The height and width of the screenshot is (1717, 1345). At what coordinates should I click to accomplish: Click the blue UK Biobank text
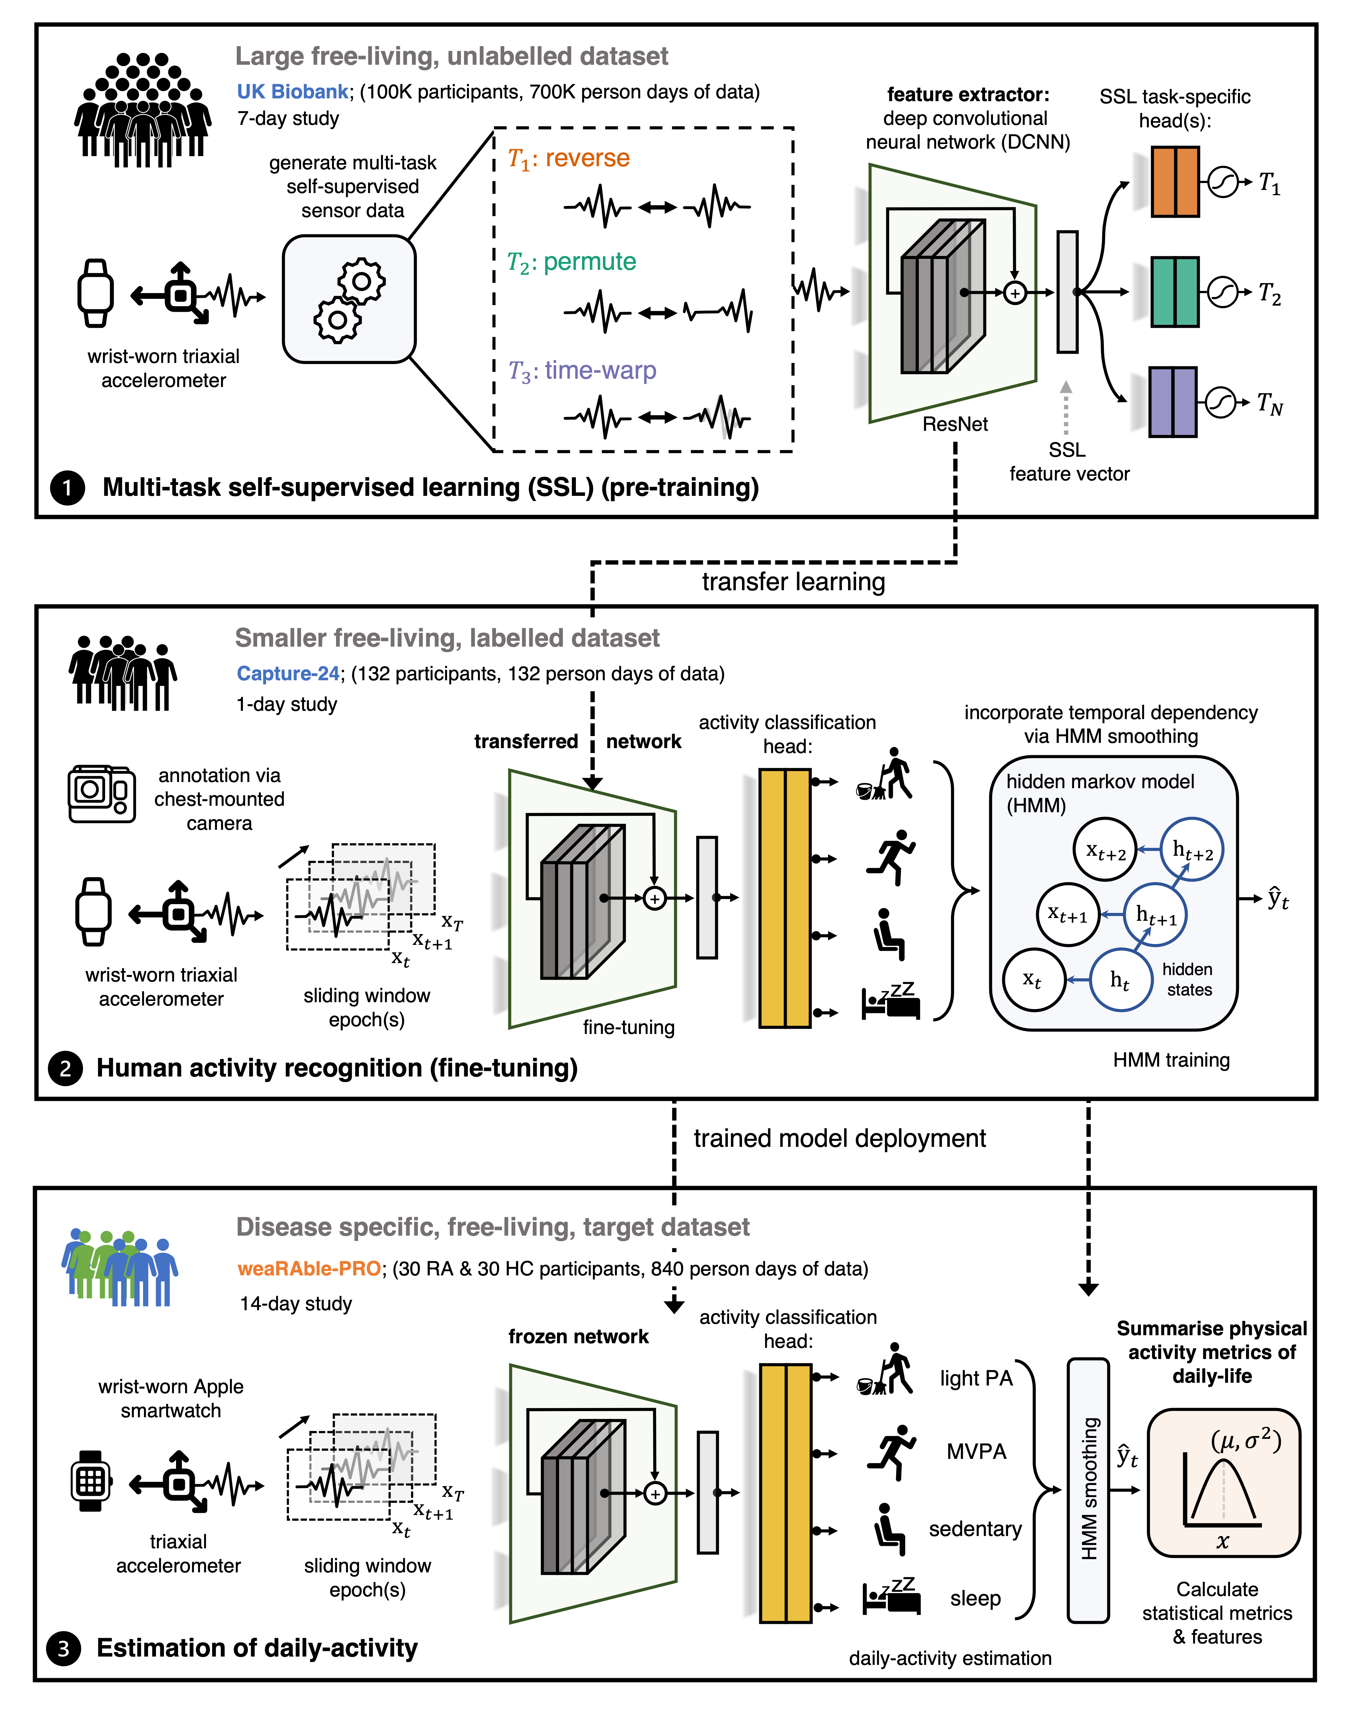pos(292,92)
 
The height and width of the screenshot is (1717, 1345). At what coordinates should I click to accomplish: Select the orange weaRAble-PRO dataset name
pos(310,1269)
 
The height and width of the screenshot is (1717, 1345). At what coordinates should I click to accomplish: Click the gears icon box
pos(349,299)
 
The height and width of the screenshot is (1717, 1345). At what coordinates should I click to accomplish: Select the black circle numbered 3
pos(64,1649)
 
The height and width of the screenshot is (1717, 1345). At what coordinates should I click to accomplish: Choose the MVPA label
pos(977,1451)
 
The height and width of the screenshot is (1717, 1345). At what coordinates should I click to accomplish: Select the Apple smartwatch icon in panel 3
pos(91,1481)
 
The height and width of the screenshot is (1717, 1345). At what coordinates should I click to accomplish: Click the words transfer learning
pos(794,582)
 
